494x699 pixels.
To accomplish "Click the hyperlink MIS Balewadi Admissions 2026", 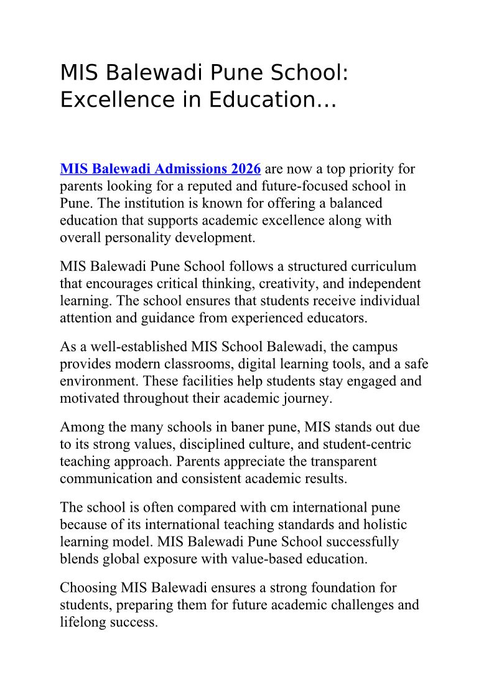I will [x=160, y=169].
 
